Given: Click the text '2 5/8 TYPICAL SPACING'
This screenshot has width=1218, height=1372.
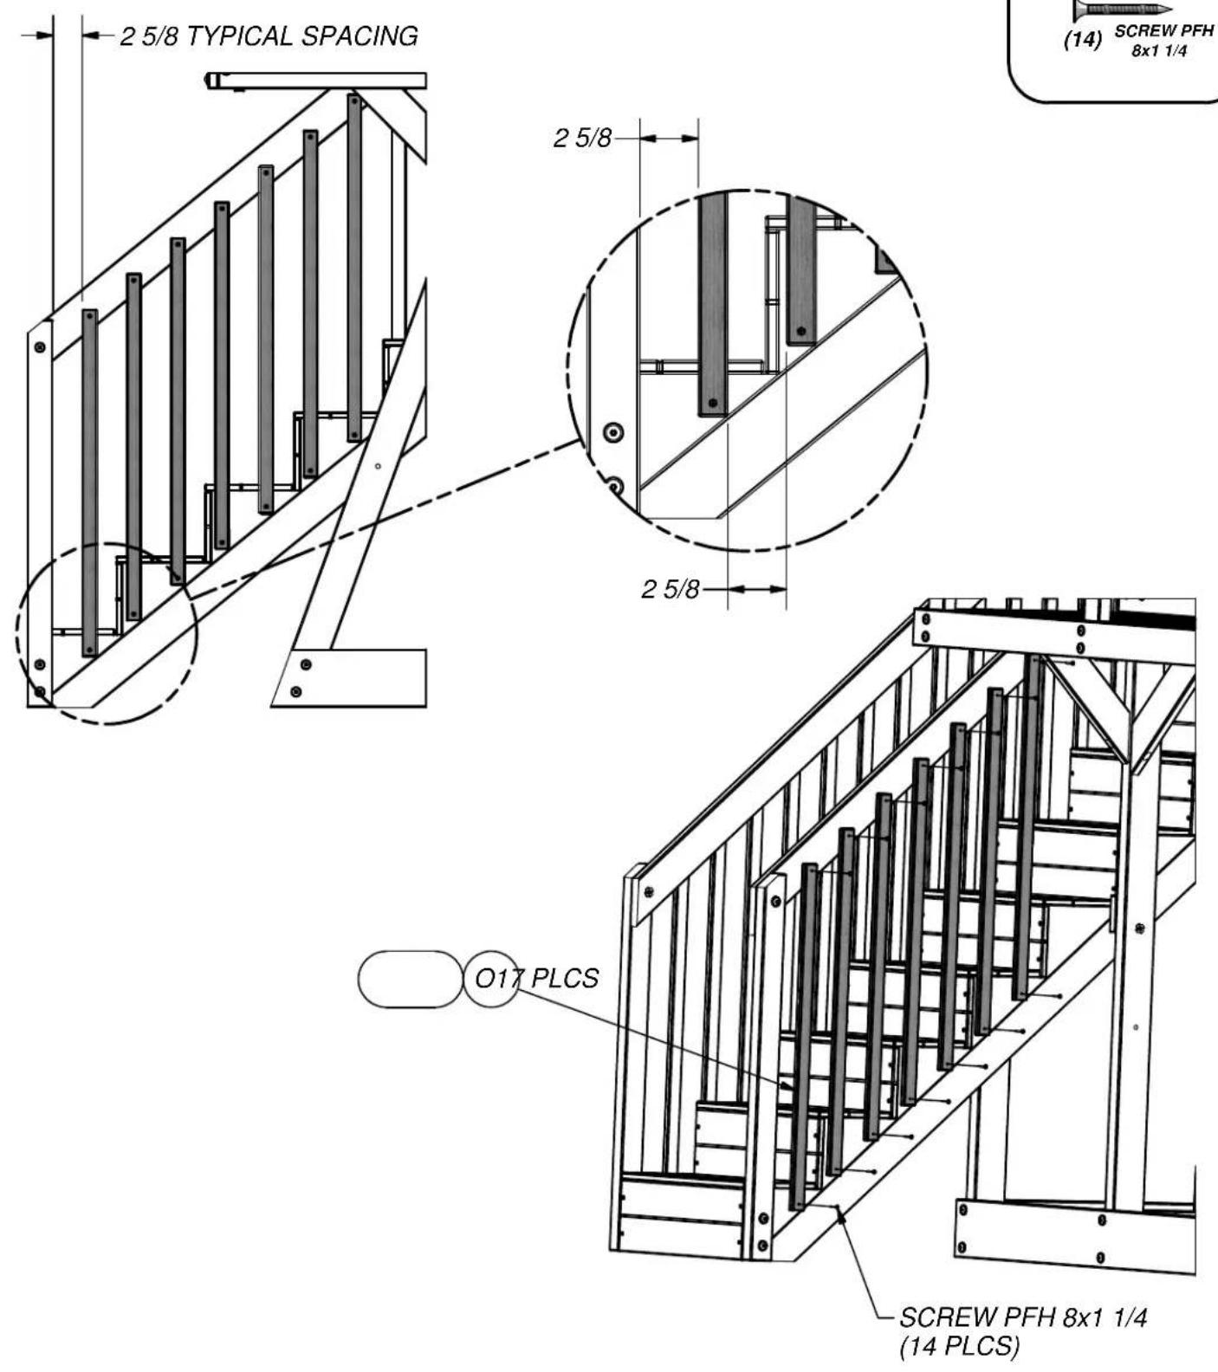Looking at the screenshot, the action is (x=269, y=36).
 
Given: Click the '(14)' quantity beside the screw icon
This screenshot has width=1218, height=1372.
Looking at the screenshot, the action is (x=1082, y=40).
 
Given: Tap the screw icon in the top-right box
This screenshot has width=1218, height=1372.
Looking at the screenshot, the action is (x=1124, y=10).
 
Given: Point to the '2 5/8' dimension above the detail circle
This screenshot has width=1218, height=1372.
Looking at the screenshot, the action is (x=582, y=138).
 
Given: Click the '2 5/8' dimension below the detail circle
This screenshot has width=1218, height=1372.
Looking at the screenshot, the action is (x=669, y=589).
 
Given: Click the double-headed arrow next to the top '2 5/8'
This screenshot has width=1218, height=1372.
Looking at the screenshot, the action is (x=669, y=138).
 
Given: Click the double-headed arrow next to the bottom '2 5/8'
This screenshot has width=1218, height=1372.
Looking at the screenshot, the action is (x=756, y=589).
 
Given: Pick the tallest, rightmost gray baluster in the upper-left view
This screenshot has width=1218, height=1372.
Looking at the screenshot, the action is (x=354, y=268).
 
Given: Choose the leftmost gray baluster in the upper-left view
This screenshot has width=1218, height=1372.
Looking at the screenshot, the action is (x=90, y=482).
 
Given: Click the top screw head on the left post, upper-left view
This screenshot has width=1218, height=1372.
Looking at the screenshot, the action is (x=40, y=347).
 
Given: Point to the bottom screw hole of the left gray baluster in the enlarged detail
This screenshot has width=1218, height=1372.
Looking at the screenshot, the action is (x=712, y=404).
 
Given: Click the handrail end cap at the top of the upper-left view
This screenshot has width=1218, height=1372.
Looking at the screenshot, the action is (x=211, y=81).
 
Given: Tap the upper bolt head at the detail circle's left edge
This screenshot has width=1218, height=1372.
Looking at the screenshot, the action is (x=614, y=431).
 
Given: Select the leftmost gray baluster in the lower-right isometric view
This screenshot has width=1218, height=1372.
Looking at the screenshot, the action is (x=804, y=1037).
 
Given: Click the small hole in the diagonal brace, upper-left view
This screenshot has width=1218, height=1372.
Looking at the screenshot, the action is (x=378, y=466).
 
